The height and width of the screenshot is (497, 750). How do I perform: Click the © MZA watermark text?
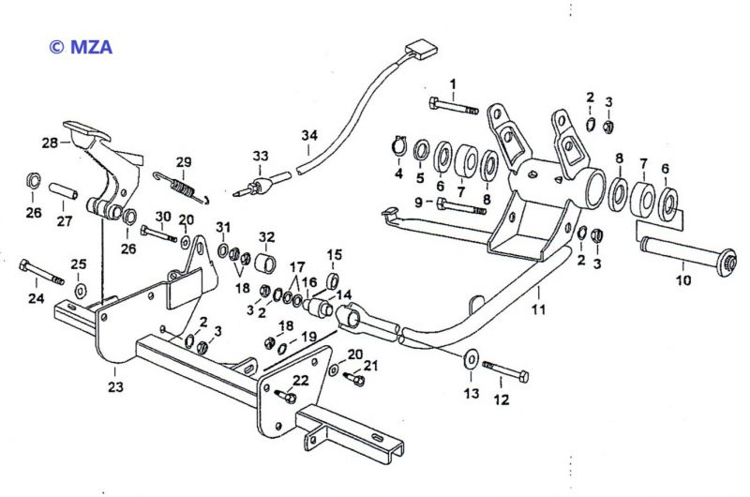tap(81, 46)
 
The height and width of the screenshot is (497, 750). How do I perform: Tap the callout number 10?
tap(682, 279)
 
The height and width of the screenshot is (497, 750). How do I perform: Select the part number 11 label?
tap(537, 307)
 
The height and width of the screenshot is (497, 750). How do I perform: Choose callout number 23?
tap(115, 384)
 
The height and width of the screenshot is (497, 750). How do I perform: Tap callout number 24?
tap(37, 299)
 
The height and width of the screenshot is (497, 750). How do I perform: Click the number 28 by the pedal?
tap(49, 142)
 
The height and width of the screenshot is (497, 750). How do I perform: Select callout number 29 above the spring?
tap(184, 160)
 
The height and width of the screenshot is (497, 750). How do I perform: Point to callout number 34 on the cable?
tap(309, 135)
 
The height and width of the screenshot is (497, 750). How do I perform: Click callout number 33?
tap(260, 155)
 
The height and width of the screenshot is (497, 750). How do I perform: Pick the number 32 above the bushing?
tap(267, 235)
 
